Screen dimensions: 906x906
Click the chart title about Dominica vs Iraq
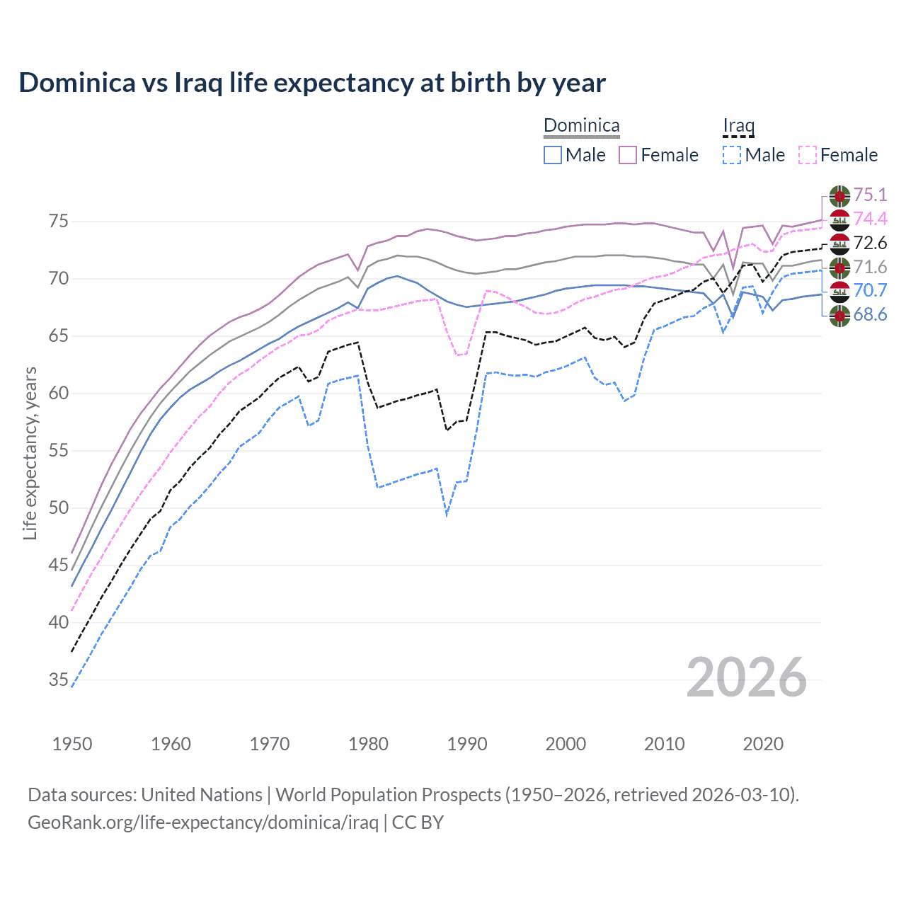tap(312, 83)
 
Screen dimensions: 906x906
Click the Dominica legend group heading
tap(581, 126)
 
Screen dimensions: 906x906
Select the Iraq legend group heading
tap(738, 126)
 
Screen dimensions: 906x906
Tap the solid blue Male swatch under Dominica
tap(553, 155)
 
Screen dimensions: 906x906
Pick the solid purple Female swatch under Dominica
tap(628, 155)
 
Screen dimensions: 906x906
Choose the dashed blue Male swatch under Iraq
tap(732, 155)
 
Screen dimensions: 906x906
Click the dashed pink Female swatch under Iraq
tap(808, 155)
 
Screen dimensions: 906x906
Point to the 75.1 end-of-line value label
tap(870, 195)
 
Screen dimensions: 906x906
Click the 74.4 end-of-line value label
tap(870, 219)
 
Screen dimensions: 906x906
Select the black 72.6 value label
tap(870, 243)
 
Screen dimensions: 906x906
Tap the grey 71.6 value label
tap(870, 267)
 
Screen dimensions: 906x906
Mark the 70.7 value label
tap(870, 290)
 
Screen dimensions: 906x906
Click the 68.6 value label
tap(870, 314)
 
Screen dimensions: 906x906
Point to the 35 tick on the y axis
tap(59, 680)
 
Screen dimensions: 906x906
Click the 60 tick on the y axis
tap(59, 394)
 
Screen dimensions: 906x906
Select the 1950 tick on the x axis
tap(72, 744)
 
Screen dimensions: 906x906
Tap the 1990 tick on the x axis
tap(467, 744)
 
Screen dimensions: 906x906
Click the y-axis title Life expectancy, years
tap(30, 453)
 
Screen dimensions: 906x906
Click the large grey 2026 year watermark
tap(746, 677)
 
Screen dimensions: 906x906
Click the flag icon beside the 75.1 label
tap(839, 195)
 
